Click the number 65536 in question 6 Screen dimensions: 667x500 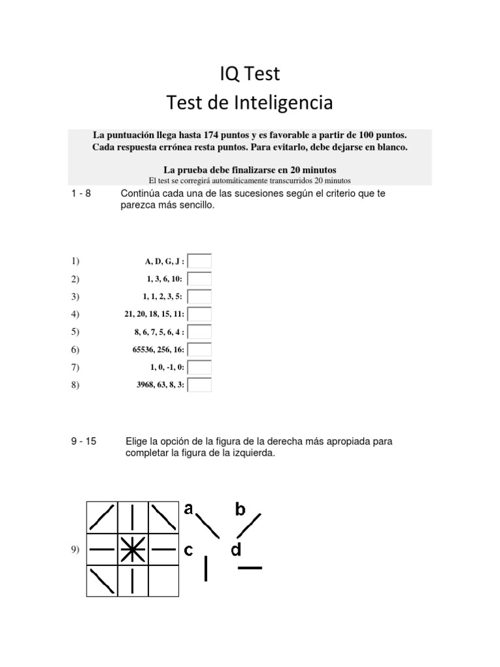pyautogui.click(x=145, y=350)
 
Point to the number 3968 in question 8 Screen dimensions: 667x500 pyautogui.click(x=146, y=385)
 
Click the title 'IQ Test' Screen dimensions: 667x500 pyautogui.click(x=249, y=74)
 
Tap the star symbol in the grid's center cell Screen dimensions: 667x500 pyautogui.click(x=133, y=550)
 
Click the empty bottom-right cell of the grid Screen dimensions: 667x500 pyautogui.click(x=163, y=580)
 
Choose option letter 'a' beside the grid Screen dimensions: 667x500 pyautogui.click(x=189, y=509)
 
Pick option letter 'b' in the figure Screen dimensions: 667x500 pyautogui.click(x=240, y=509)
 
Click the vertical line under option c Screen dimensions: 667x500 pyautogui.click(x=206, y=568)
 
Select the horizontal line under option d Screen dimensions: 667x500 pyautogui.click(x=250, y=568)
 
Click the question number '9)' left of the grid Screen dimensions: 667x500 pyautogui.click(x=75, y=550)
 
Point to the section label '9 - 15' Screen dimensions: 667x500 pyautogui.click(x=84, y=442)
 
